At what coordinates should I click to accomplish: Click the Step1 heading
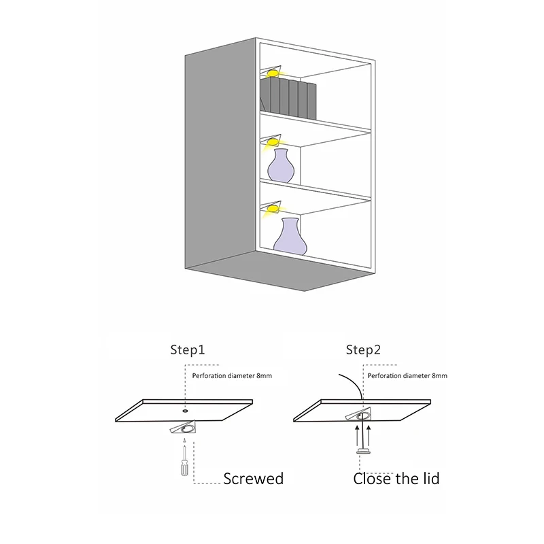tap(188, 350)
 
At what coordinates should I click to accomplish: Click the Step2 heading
tap(363, 350)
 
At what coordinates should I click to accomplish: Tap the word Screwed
tap(253, 479)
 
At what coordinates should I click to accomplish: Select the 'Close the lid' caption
tap(396, 479)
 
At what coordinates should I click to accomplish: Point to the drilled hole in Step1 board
tap(185, 411)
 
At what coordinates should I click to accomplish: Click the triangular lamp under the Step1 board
tap(184, 428)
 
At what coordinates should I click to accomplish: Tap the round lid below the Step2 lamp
tap(363, 452)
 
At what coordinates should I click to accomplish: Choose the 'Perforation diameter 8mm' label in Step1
tap(232, 376)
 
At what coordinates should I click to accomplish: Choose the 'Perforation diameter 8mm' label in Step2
tap(407, 376)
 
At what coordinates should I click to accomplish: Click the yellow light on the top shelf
tap(273, 73)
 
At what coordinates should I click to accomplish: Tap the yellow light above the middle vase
tap(273, 142)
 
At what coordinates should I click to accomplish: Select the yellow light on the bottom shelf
tap(273, 209)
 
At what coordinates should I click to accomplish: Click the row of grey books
tap(288, 98)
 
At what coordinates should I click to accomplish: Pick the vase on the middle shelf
tap(280, 166)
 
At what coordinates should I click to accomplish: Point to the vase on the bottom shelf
tap(290, 236)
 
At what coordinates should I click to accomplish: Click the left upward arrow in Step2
tap(357, 436)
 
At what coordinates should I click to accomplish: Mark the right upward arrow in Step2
tap(369, 436)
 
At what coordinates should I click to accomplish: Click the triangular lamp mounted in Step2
tap(358, 414)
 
